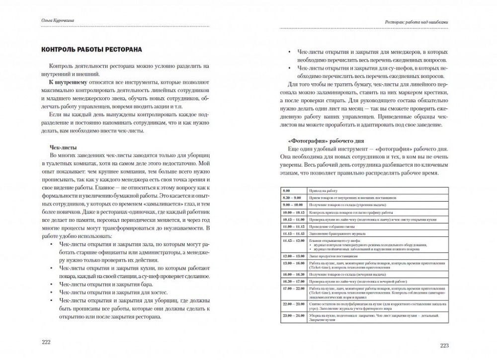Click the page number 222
tap(46, 343)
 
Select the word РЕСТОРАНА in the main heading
tap(116, 50)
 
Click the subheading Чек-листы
tap(62, 147)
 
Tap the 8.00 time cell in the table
tap(287, 191)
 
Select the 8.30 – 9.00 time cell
tap(292, 198)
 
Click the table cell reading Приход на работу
tap(323, 191)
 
